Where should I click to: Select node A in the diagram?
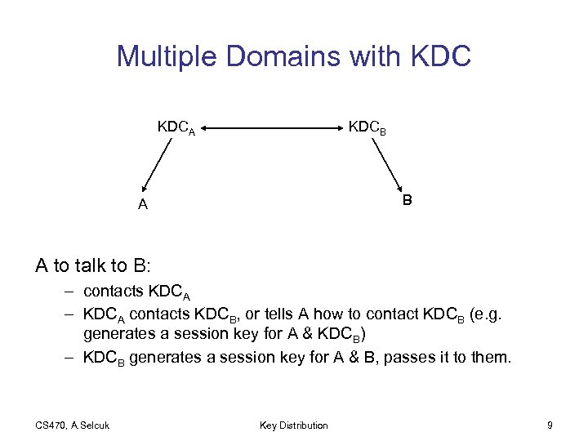(x=142, y=205)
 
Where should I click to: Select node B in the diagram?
(x=407, y=200)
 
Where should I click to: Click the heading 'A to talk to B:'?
(x=95, y=265)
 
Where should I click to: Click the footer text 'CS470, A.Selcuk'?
(x=73, y=425)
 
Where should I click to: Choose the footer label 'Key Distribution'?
(x=293, y=425)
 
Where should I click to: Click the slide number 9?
(x=550, y=425)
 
